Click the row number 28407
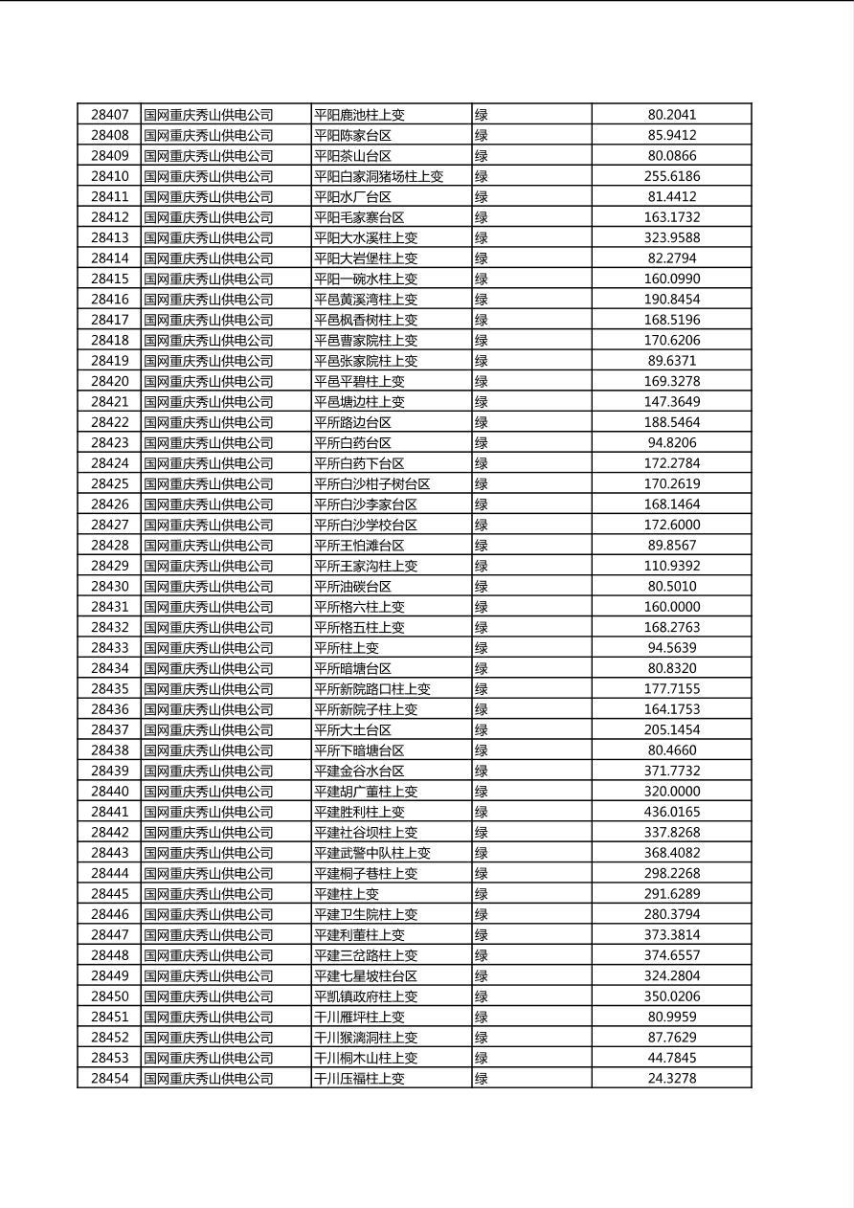[109, 115]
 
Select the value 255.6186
[671, 176]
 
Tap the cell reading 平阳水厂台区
[352, 197]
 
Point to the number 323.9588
[671, 237]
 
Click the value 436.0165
[671, 812]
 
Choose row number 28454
[109, 1079]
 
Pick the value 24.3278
[671, 1079]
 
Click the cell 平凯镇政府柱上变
[366, 996]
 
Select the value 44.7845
[671, 1058]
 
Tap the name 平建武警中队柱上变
[372, 853]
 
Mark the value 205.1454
[671, 730]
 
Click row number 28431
[109, 607]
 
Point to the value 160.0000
[671, 607]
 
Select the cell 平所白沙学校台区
[366, 526]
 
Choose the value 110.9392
[671, 566]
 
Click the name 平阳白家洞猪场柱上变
[379, 176]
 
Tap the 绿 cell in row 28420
[482, 382]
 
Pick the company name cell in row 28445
[209, 894]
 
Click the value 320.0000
[671, 792]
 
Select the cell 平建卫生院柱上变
[366, 915]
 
